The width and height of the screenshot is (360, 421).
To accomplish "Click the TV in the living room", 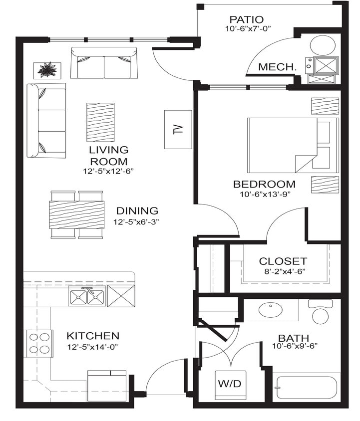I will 178,129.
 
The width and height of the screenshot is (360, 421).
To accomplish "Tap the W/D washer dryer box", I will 230,385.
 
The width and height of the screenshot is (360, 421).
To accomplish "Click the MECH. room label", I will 277,67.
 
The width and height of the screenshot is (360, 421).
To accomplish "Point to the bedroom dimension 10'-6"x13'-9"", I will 264,195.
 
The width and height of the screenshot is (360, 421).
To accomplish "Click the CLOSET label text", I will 283,261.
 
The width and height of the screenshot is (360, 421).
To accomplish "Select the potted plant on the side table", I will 47,70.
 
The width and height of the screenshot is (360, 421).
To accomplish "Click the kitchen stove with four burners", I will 40,343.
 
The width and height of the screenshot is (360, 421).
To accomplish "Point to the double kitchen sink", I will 87,297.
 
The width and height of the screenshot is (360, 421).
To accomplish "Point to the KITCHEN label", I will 93,336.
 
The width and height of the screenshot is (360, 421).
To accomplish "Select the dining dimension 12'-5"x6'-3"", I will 137,221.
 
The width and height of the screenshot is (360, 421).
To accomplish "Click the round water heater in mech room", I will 323,46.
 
